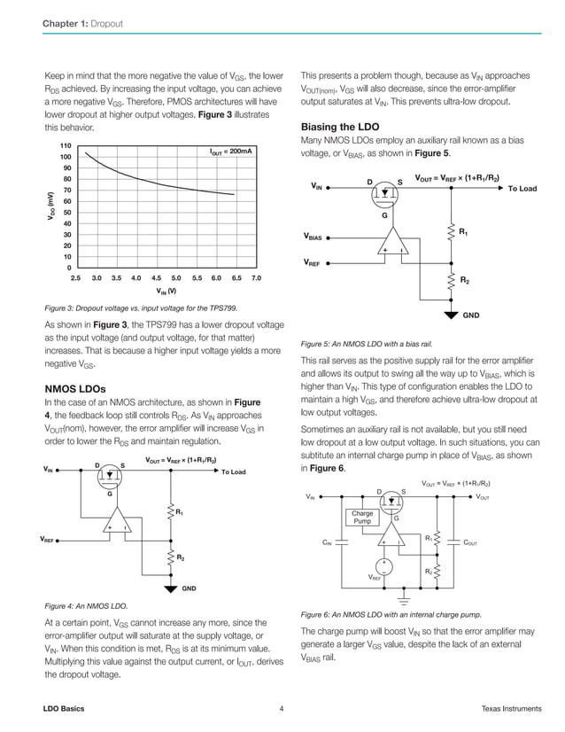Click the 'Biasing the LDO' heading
[x=340, y=126]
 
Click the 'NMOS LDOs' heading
[x=75, y=389]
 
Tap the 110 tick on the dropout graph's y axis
[x=65, y=145]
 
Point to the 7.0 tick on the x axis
[x=257, y=278]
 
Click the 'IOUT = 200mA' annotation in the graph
[x=230, y=152]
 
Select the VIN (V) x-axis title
[x=166, y=291]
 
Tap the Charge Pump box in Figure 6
[x=362, y=518]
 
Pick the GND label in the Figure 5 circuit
[x=472, y=315]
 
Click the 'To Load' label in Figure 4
[x=233, y=472]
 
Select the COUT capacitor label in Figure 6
[x=476, y=542]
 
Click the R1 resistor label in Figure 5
[x=463, y=232]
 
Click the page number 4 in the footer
[x=281, y=708]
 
